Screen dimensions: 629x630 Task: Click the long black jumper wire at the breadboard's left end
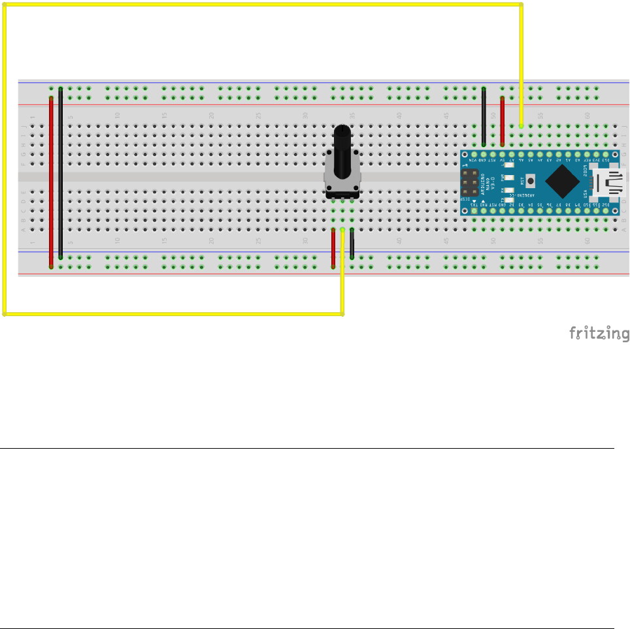pos(61,173)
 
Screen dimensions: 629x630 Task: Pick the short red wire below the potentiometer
pos(333,248)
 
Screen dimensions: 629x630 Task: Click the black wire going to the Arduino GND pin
pos(484,116)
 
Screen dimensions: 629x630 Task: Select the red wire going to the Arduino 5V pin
pos(502,121)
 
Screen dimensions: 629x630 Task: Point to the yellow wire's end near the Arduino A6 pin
pos(521,125)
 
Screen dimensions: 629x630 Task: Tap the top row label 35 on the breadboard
pos(352,116)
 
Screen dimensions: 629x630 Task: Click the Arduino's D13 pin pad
pos(606,153)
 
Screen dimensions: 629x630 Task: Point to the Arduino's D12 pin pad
pos(606,210)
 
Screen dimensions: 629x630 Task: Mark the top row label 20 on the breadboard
pos(211,116)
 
